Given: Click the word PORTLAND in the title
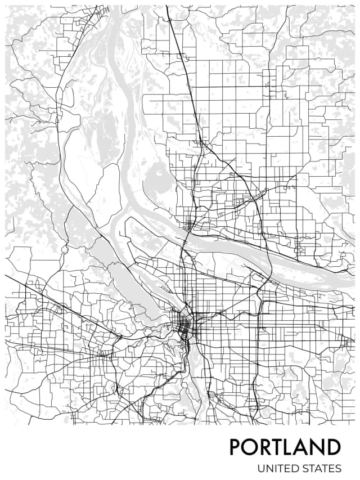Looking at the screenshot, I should tap(285, 447).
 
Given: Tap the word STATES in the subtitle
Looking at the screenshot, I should tap(321, 468).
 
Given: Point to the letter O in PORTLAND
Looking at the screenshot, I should tap(250, 447).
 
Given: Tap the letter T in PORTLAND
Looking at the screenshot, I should tap(278, 447).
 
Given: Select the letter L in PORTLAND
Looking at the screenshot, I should tap(291, 447).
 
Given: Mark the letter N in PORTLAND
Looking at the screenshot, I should tap(318, 447).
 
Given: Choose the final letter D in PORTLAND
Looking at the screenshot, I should tap(334, 447).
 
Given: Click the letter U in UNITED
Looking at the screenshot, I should tap(262, 468).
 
